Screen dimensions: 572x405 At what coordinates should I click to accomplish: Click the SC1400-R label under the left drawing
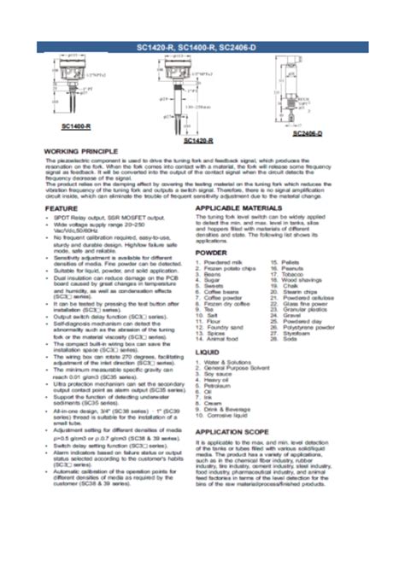tap(76, 125)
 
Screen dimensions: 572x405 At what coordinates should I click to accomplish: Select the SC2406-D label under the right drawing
tap(307, 133)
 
